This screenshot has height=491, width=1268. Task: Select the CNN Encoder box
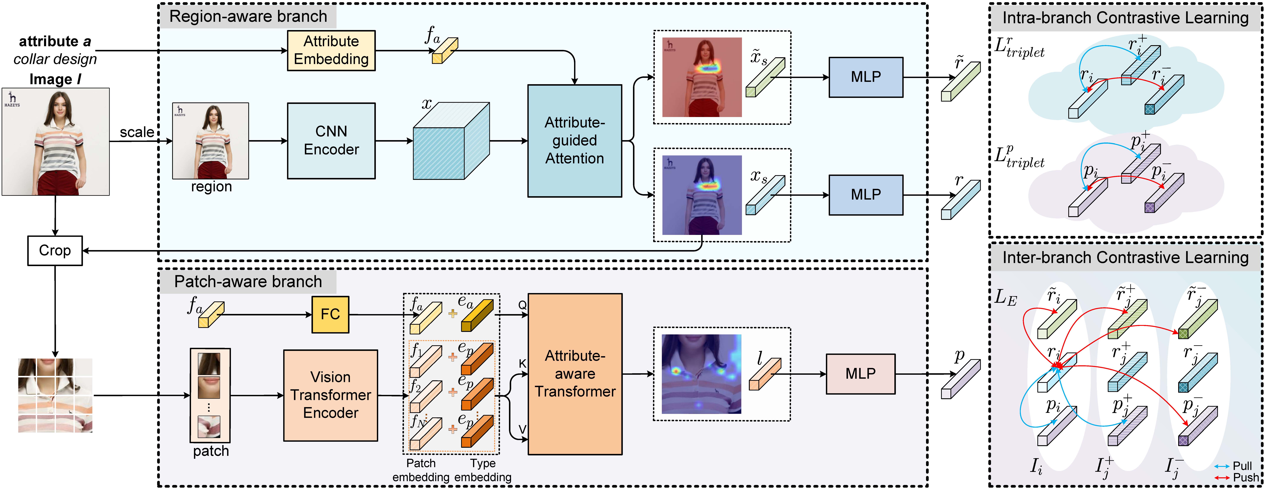pyautogui.click(x=331, y=141)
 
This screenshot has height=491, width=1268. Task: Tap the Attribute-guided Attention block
pyautogui.click(x=575, y=141)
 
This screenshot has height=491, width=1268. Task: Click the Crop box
pyautogui.click(x=55, y=250)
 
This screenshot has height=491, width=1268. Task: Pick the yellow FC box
pyautogui.click(x=330, y=314)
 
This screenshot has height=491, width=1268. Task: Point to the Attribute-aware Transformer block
pyautogui.click(x=575, y=374)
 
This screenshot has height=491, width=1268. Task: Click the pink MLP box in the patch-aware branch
pyautogui.click(x=860, y=374)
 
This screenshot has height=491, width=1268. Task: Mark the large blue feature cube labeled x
pyautogui.click(x=451, y=141)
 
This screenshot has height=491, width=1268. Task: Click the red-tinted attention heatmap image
pyautogui.click(x=702, y=77)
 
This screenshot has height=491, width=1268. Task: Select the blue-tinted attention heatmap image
pyautogui.click(x=702, y=195)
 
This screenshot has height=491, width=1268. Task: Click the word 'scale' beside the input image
pyautogui.click(x=137, y=132)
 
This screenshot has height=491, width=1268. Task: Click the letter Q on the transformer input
pyautogui.click(x=522, y=305)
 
